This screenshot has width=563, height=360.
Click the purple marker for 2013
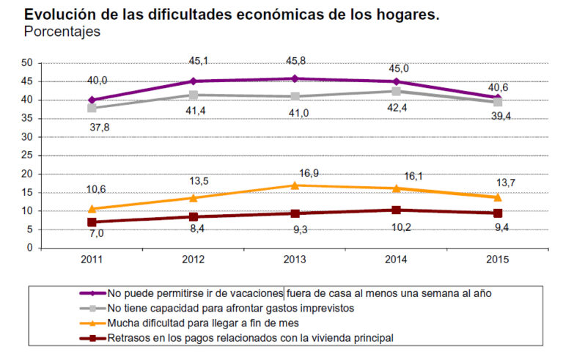295,78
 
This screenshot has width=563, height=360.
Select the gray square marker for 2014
396,91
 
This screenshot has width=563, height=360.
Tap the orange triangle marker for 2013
295,185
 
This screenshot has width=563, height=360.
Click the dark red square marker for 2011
92,221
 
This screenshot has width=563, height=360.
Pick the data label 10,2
396,227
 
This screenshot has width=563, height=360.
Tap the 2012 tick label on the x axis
193,260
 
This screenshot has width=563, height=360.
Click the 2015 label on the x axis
497,260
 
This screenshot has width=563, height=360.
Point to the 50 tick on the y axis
26,63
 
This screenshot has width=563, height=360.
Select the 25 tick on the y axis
26,155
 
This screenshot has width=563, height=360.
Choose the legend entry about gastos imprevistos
232,307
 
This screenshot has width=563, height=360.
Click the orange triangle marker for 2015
497,196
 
